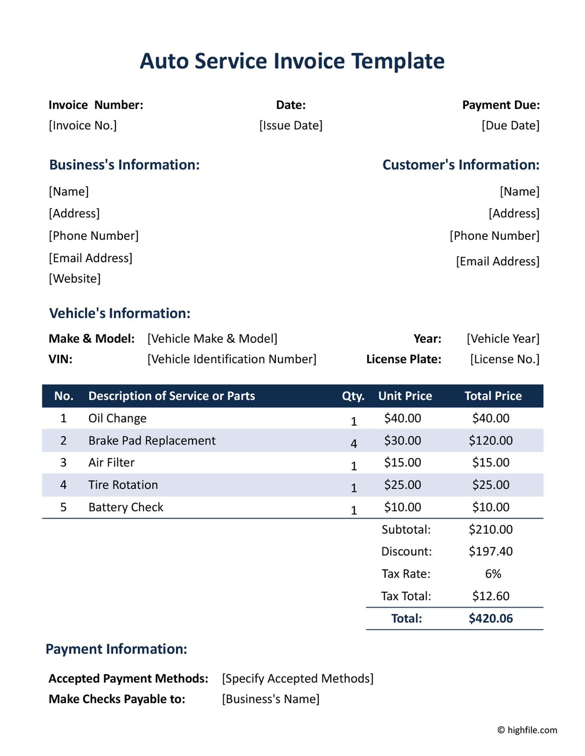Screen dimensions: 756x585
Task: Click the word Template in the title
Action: coord(398,61)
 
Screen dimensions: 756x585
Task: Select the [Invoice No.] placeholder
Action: coord(83,125)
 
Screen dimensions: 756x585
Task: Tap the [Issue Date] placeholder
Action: coord(291,125)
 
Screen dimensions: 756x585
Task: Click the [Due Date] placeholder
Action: coord(511,125)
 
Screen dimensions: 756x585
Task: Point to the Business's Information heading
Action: coord(124,165)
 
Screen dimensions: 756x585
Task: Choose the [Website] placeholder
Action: coord(74,278)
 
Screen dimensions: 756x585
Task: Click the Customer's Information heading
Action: coord(461,165)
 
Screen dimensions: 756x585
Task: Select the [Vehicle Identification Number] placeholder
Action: coord(232,359)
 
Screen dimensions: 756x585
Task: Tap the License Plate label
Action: coord(404,359)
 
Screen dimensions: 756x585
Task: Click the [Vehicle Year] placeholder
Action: coord(503,338)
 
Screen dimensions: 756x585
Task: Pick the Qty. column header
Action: coord(353,396)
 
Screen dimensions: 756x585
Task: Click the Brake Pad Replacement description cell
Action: coord(152,441)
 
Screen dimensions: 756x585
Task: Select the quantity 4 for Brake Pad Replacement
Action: coord(354,443)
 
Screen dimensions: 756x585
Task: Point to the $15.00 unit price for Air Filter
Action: coord(402,462)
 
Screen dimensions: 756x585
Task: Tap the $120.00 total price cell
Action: coord(491,441)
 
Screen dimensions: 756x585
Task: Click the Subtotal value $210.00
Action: coord(491,529)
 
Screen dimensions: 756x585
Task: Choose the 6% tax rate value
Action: coord(493,574)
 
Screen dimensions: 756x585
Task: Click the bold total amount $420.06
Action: coord(491,619)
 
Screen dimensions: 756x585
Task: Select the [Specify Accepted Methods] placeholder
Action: coord(298,678)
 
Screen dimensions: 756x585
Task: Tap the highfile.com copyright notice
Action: coord(527,730)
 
